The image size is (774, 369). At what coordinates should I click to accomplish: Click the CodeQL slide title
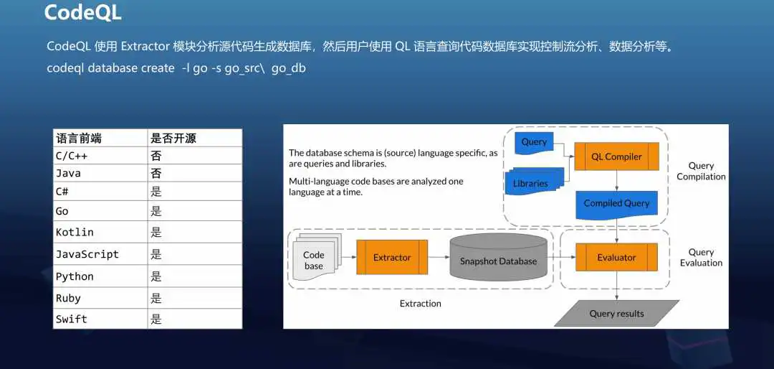click(x=82, y=13)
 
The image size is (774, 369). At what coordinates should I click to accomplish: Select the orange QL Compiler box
click(x=616, y=157)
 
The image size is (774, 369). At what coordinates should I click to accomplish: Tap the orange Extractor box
click(x=392, y=257)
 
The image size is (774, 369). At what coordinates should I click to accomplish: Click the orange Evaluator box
click(x=616, y=257)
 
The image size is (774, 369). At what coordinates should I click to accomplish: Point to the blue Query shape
click(x=534, y=142)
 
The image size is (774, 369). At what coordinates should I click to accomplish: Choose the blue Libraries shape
click(x=534, y=181)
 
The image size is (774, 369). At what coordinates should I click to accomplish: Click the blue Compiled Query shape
click(x=616, y=205)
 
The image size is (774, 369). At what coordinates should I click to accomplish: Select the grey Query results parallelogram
click(x=616, y=314)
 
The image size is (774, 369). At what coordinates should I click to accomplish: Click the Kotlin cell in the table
click(x=75, y=232)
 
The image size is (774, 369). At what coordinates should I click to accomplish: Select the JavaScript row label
click(x=87, y=254)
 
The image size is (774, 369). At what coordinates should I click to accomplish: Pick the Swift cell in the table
click(x=71, y=319)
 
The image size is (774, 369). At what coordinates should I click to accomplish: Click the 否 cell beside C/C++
click(x=156, y=157)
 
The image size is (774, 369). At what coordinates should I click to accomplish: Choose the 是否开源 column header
click(x=173, y=138)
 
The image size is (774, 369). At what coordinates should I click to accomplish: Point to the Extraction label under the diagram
click(x=421, y=303)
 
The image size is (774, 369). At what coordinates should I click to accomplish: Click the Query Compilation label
click(x=701, y=171)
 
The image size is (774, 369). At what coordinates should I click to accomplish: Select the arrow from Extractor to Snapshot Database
click(x=439, y=257)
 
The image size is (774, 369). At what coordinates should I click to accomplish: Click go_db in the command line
click(x=289, y=68)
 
